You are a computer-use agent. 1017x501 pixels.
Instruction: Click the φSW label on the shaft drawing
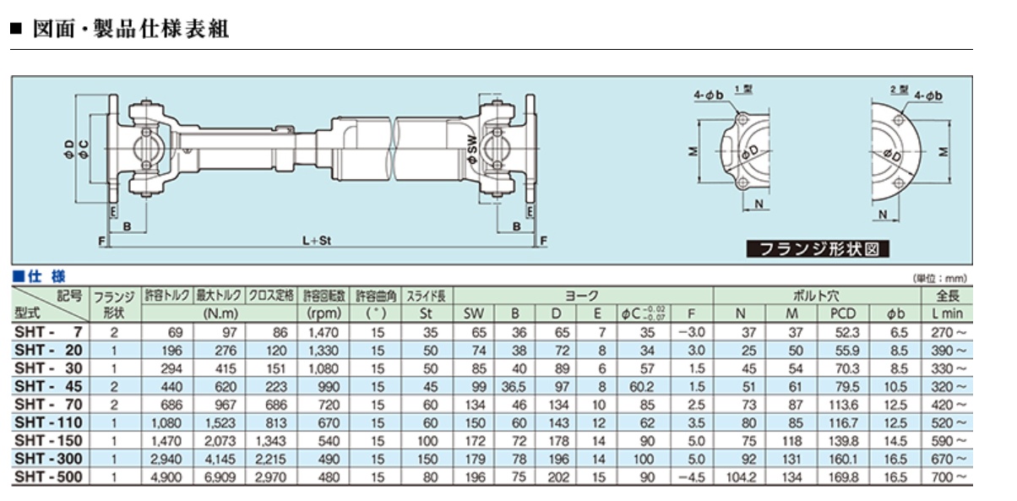point(472,153)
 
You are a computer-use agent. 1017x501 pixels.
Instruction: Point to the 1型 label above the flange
point(742,90)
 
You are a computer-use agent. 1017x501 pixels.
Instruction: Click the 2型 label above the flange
point(898,90)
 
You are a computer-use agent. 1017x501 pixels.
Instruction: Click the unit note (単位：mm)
point(940,278)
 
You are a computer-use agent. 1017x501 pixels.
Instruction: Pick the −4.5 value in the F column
point(691,477)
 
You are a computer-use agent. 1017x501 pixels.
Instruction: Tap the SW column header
point(473,314)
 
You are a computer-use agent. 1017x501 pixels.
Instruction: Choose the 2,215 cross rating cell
point(269,459)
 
